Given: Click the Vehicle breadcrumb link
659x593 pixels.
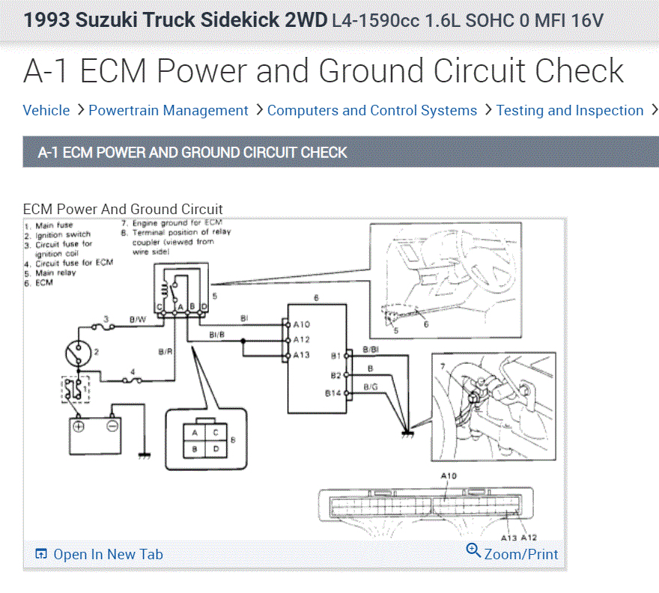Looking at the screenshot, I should (46, 111).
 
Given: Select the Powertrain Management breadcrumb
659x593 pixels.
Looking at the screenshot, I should (168, 111).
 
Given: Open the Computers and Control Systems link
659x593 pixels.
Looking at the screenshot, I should (372, 111).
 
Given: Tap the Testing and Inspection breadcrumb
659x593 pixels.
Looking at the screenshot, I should (570, 111).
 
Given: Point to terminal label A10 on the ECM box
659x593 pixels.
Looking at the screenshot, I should (302, 324).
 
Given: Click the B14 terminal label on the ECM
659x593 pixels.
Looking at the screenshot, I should (333, 393).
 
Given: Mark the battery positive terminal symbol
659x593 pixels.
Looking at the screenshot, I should (79, 427).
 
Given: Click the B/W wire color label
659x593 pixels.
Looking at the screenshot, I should (138, 320).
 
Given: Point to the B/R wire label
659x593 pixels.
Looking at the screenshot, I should (165, 350).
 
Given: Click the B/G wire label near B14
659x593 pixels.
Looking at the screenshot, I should (371, 386).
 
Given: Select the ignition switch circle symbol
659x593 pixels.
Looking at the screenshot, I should (76, 350).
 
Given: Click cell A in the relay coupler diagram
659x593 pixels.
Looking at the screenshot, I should (195, 433).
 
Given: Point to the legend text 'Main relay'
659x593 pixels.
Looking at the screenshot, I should (55, 273).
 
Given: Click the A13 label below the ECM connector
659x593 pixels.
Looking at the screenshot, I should (508, 538).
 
